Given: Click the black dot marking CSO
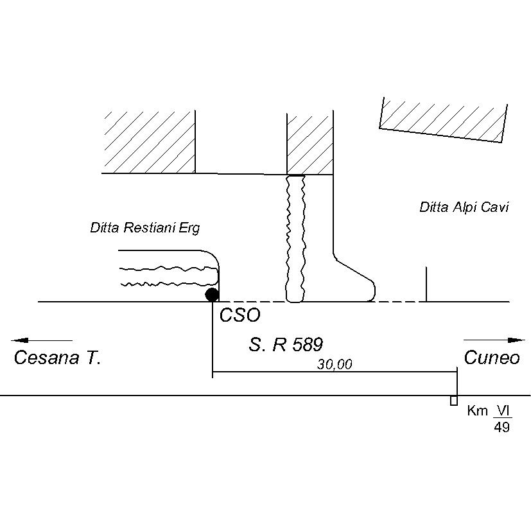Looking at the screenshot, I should point(212,295).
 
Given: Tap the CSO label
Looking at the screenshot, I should point(239,315).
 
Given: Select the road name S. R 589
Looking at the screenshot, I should point(285,345).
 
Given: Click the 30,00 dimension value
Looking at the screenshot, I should point(335,364).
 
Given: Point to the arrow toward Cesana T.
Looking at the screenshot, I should point(41,340).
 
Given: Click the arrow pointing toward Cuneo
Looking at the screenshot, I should point(494,340).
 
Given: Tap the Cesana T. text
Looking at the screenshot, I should point(57,358).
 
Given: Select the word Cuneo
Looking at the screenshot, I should point(492,358).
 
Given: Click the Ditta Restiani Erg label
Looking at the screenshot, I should point(145,228).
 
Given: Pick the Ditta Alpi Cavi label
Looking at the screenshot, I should point(464,207).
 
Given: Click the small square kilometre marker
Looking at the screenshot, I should point(454,401).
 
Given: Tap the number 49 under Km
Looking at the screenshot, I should point(501,427).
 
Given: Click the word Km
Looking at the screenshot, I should point(478,412).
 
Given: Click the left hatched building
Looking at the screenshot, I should point(149,141).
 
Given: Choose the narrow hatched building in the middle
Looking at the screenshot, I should point(309,144).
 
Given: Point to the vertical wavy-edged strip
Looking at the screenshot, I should point(295,238).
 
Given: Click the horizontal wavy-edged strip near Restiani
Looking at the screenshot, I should point(168,275).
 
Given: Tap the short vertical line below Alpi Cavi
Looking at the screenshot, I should point(426,284).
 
